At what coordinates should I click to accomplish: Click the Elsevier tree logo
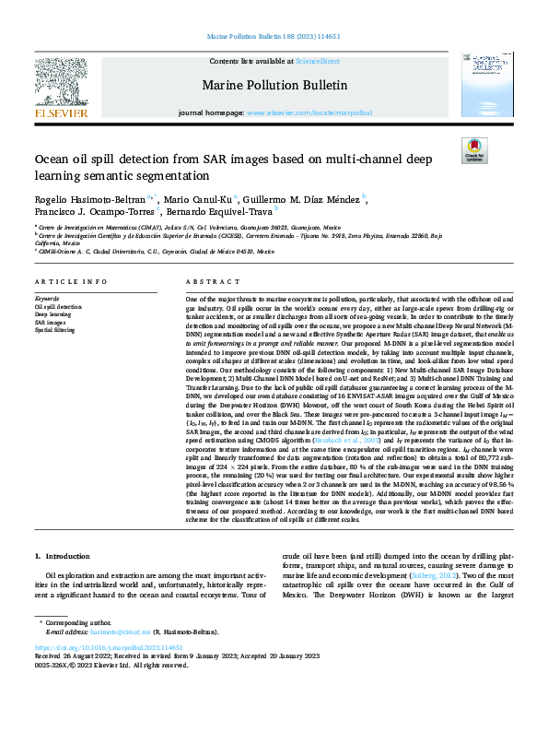tap(62, 86)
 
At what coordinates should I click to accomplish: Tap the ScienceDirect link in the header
tap(317, 61)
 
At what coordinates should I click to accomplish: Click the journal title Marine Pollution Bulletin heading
tap(274, 86)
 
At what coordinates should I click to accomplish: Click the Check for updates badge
tap(473, 150)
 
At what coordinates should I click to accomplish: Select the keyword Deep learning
tap(52, 314)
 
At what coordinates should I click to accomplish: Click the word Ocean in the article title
tap(53, 159)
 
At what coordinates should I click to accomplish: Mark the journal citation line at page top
tap(274, 36)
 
